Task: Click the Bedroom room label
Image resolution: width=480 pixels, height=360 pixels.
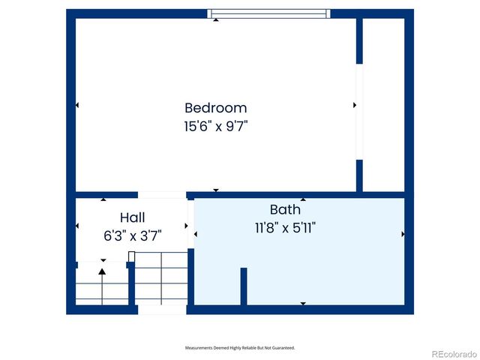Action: coord(215,108)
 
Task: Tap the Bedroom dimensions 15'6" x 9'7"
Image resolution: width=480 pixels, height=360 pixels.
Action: coord(215,126)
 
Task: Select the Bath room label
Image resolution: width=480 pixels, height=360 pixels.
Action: coord(285,209)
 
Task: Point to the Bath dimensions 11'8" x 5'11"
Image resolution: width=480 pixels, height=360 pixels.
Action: coord(285,227)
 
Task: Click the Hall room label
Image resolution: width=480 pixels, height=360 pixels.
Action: coord(133,217)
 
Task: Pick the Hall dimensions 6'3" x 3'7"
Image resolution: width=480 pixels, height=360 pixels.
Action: coord(133,235)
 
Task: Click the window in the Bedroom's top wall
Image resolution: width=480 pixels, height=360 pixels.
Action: coord(268,13)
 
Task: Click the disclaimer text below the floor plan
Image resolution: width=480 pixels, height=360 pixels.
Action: coord(240,348)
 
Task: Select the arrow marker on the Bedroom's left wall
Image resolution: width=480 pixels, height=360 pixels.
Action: coord(77,105)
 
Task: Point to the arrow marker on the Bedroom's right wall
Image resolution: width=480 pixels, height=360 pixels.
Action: coord(355,105)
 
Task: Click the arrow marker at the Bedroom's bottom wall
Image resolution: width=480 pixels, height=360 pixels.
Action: coord(216,190)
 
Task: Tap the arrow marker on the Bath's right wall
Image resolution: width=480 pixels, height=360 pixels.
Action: coord(403,235)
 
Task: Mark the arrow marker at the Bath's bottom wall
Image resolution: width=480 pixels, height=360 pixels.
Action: coord(303,303)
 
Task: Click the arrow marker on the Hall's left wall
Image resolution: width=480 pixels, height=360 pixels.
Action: coord(77,226)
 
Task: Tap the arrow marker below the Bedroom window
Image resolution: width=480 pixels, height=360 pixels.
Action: coord(216,20)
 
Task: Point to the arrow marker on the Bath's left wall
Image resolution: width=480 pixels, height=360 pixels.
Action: coord(196,235)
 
